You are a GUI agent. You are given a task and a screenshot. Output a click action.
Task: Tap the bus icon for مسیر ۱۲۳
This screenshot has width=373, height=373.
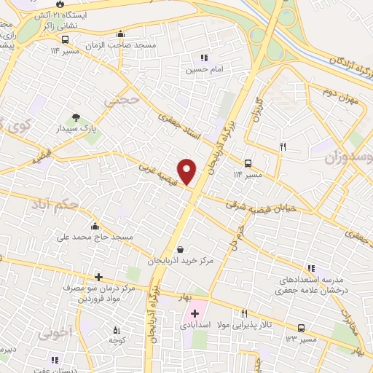301,328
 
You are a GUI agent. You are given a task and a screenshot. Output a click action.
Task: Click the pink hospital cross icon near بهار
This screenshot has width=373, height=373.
195,314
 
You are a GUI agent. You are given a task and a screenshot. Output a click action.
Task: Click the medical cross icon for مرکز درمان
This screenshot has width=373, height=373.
98,278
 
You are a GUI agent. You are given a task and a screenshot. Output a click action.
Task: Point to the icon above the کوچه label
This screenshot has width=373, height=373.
114,326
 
